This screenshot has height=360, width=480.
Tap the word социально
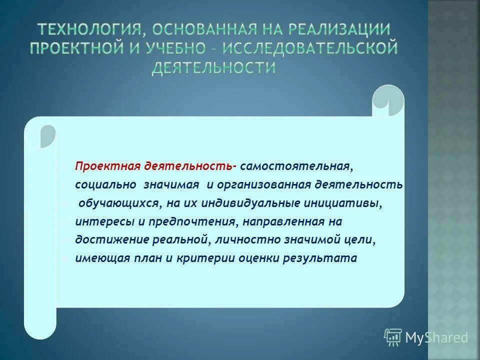pos(106,184)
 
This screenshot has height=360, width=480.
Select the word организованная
pos(263,184)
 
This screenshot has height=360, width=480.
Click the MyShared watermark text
pos(436,338)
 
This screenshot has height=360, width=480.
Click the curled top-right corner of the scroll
pos(388,100)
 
